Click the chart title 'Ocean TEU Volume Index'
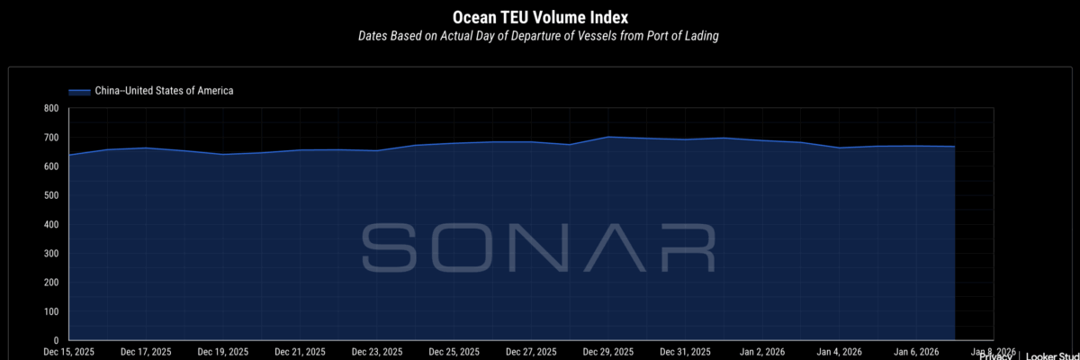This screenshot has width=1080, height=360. tap(539, 17)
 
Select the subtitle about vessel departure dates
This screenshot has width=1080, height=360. tap(539, 37)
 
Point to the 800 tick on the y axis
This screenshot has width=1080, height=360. tap(50, 109)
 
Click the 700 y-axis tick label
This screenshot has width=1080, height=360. tap(50, 138)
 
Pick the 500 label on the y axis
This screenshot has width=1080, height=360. tap(50, 196)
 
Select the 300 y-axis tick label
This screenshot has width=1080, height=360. tap(50, 254)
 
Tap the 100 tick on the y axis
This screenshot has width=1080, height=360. tap(50, 311)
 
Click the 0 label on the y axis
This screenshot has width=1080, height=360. tap(56, 340)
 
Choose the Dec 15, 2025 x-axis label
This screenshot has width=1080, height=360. tap(68, 352)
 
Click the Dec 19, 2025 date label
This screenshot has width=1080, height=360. tap(223, 352)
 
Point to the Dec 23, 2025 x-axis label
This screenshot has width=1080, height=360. tap(378, 352)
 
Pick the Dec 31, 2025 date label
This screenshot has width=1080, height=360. tap(687, 352)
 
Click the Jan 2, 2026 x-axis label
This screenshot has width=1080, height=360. tap(763, 352)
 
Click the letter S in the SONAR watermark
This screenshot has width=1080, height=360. tap(388, 247)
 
